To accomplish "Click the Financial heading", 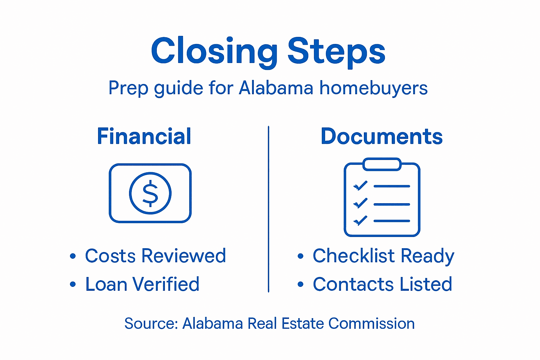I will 144,136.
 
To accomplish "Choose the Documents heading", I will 382,136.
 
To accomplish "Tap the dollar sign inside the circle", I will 150,193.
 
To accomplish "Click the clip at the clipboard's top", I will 382,164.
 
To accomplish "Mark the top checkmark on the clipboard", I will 360,186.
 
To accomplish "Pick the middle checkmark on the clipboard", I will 360,203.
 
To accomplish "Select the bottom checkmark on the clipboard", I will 360,220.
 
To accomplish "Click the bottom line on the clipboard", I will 392,221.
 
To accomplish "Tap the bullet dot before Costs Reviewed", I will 73,256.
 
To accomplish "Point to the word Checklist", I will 354,256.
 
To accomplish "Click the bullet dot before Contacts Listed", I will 300,284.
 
